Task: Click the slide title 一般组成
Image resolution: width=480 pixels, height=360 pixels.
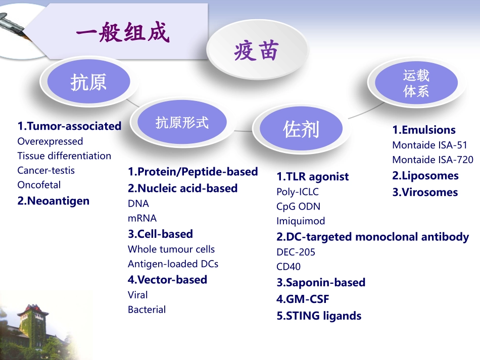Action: pyautogui.click(x=122, y=34)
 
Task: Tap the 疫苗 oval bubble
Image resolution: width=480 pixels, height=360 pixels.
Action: pyautogui.click(x=256, y=51)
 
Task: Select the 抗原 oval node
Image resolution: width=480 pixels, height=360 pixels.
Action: pyautogui.click(x=88, y=82)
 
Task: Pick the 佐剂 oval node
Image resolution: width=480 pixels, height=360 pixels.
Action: pyautogui.click(x=301, y=129)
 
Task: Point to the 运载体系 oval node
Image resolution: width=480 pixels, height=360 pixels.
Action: pyautogui.click(x=416, y=83)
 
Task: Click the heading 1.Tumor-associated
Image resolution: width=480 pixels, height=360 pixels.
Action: pyautogui.click(x=69, y=126)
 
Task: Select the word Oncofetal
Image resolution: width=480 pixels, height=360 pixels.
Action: pyautogui.click(x=39, y=185)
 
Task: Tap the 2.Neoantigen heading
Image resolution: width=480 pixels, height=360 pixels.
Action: pyautogui.click(x=53, y=201)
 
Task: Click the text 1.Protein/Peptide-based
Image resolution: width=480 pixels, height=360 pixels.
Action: pyautogui.click(x=193, y=172)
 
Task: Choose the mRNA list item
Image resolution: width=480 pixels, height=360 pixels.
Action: pyautogui.click(x=142, y=218)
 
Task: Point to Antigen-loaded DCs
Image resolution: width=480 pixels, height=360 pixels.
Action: pyautogui.click(x=173, y=264)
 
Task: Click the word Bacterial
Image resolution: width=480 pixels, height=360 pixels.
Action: pyautogui.click(x=147, y=310)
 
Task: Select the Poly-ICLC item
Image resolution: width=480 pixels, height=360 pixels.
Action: pyautogui.click(x=298, y=192)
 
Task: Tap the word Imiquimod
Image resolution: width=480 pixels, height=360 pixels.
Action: pyautogui.click(x=301, y=221)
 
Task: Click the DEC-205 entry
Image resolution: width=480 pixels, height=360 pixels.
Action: pyautogui.click(x=296, y=252)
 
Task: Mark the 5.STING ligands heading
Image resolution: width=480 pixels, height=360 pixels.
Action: pyautogui.click(x=319, y=316)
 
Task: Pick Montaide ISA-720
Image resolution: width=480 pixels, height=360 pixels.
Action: pyautogui.click(x=433, y=160)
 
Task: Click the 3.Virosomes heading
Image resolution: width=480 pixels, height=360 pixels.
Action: pyautogui.click(x=425, y=192)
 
